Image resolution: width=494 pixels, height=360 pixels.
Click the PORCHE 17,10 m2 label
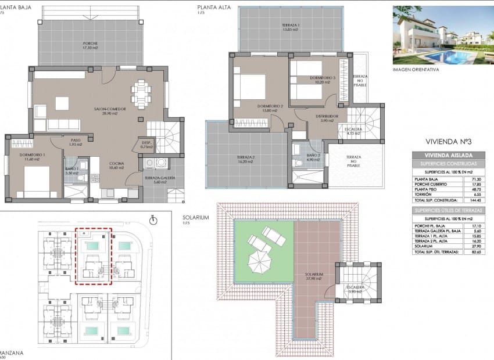pos(90,45)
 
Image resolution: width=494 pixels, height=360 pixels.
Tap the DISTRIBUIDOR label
pos(327,118)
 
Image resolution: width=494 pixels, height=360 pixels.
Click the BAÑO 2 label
pos(313,156)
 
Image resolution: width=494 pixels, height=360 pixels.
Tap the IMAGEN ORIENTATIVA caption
pos(416,69)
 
